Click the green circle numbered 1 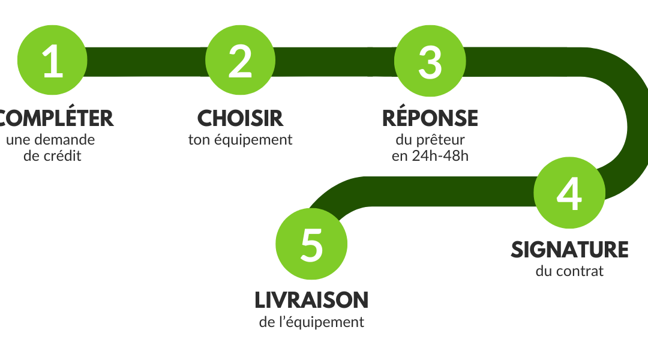[52, 61]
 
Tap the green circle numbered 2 [240, 61]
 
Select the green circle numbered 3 [430, 61]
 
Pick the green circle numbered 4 [569, 193]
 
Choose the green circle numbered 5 [311, 244]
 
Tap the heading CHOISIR [240, 119]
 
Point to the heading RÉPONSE [430, 118]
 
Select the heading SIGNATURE [569, 250]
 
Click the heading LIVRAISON [311, 301]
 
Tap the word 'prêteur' [440, 140]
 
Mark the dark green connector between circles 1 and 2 [146, 62]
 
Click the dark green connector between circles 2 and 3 [335, 62]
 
